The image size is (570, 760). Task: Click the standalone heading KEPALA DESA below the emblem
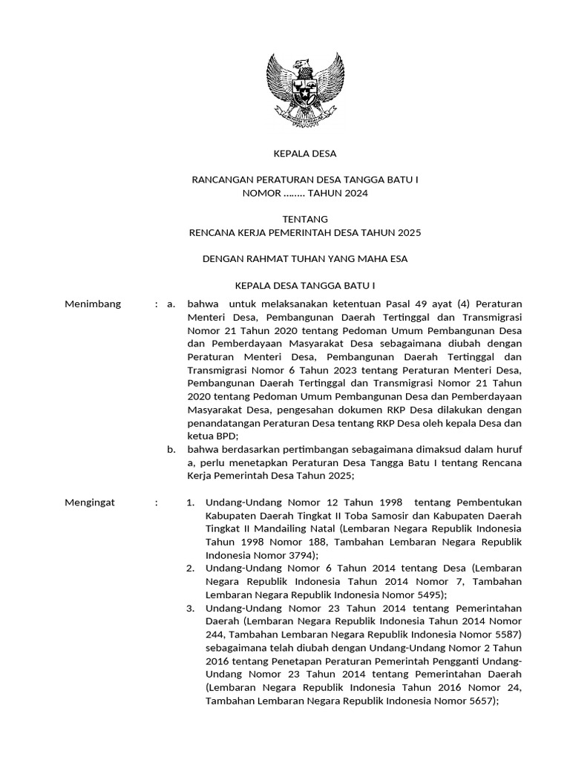click(305, 154)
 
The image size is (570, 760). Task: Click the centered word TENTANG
click(305, 219)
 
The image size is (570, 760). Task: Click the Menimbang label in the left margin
click(93, 304)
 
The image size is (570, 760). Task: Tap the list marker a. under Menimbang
click(171, 304)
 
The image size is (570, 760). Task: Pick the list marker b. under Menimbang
click(171, 449)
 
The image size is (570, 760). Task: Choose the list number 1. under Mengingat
click(191, 502)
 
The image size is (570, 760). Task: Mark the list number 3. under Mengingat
click(191, 608)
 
